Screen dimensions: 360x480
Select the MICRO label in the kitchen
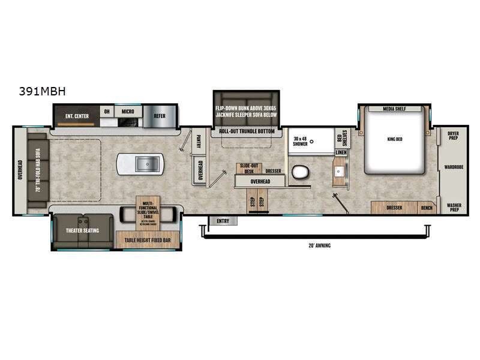point(127,111)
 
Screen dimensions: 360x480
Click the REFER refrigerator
point(160,116)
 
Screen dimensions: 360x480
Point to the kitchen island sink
point(140,164)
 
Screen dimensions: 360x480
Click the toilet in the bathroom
point(299,173)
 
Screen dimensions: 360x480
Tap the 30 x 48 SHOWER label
point(300,141)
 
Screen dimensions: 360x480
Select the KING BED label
point(394,139)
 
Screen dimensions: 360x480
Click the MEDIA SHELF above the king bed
point(394,109)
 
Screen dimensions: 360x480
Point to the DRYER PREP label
point(453,135)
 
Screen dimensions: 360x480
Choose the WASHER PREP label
point(454,208)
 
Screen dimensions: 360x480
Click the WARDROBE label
point(453,167)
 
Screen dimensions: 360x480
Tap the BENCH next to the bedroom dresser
point(427,208)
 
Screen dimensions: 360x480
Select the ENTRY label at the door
point(223,221)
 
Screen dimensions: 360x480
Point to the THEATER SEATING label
point(82,230)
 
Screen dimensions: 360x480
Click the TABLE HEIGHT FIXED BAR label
point(146,239)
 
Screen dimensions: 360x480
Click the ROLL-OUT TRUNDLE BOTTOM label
point(247,131)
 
